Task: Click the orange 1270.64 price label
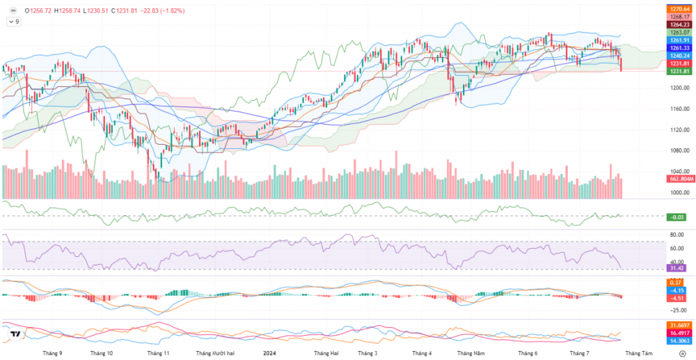tap(679, 8)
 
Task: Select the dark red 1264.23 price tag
tap(679, 24)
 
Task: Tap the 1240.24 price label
tap(679, 56)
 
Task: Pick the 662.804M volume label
tap(679, 179)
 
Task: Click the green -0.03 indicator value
tap(677, 217)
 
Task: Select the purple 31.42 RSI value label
tap(677, 268)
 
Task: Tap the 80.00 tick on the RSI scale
tap(676, 235)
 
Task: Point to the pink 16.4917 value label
tap(679, 334)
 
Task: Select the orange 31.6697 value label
tap(679, 325)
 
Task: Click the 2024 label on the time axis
tap(271, 353)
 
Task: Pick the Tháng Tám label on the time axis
tap(639, 353)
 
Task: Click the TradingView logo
tap(15, 336)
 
